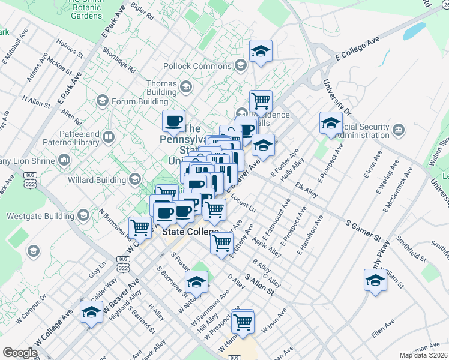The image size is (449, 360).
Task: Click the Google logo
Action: coord(20,353)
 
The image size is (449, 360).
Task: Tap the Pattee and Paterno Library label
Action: coord(80,139)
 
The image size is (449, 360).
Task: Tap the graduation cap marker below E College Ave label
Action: coord(261,52)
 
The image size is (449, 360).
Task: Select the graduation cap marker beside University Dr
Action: coord(331,124)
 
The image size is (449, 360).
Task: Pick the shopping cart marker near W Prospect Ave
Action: coord(243,321)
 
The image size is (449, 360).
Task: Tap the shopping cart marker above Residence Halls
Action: coord(261,100)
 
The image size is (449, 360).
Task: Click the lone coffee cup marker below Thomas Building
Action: coord(173,121)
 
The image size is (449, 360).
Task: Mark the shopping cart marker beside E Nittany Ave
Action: coord(221,242)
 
